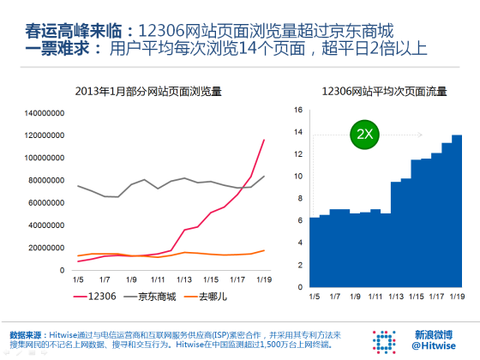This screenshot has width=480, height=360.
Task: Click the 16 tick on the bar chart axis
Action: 298,110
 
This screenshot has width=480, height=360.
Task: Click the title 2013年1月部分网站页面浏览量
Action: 149,90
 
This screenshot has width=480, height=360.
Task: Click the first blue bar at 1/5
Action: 314,254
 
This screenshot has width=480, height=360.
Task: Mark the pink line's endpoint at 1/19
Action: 264,140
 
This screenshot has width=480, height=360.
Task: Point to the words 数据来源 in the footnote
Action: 26,333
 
